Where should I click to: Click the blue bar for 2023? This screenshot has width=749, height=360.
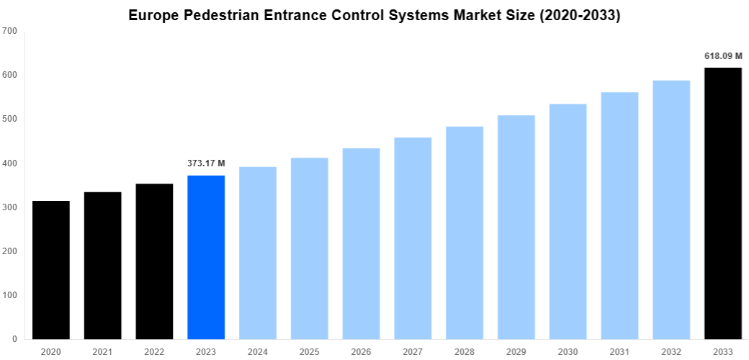pos(206,257)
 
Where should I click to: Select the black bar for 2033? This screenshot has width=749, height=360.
pos(723,203)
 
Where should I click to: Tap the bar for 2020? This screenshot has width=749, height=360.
pos(51,270)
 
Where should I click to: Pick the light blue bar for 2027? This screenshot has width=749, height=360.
pos(413,238)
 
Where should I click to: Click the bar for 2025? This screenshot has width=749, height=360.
pos(310,248)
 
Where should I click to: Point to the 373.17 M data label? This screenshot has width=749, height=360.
pos(206,163)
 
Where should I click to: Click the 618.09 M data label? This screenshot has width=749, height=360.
pos(723,55)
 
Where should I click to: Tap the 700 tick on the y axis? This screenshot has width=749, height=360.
pos(10,31)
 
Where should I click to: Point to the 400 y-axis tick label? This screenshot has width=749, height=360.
pos(10,163)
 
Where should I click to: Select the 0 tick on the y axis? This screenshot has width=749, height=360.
pos(14,339)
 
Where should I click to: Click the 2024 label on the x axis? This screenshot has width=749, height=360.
pos(258,351)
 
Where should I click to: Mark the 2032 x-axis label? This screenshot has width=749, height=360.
pos(671,351)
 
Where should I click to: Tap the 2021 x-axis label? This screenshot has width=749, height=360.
pos(103,351)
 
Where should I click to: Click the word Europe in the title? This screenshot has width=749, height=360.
pos(154,15)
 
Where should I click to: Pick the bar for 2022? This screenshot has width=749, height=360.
pos(154,261)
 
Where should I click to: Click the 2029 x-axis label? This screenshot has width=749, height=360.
pos(516,351)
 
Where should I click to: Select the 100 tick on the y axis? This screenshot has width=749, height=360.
pos(10,295)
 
